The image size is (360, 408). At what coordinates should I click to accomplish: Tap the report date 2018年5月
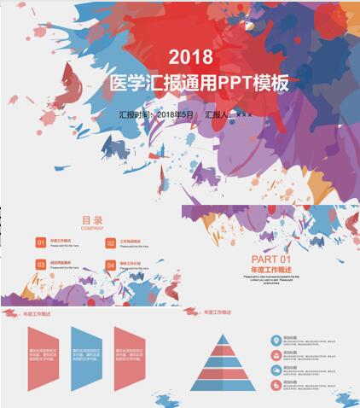click(x=176, y=114)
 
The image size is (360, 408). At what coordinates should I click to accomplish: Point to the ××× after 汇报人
click(x=244, y=114)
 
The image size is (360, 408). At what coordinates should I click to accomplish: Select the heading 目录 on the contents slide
click(x=92, y=219)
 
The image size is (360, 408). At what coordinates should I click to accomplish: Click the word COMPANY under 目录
click(x=92, y=229)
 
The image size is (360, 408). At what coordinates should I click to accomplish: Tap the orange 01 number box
click(x=40, y=243)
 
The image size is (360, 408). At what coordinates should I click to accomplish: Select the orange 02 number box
click(x=111, y=243)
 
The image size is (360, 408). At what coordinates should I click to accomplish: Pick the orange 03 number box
click(x=40, y=265)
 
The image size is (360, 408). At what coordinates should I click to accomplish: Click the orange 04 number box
click(x=111, y=265)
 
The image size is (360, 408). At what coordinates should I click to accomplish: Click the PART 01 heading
click(x=271, y=259)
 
